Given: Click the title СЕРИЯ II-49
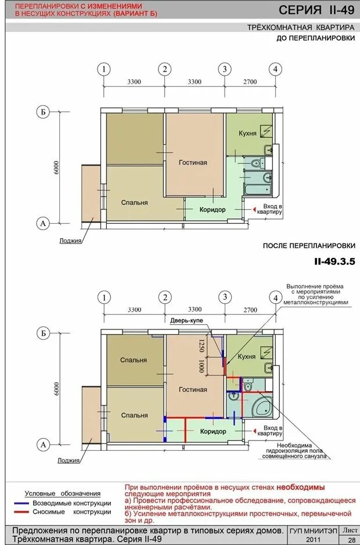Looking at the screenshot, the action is [x=316, y=9].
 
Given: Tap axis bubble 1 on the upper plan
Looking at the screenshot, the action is [x=103, y=69].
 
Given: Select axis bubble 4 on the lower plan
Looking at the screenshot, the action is [x=276, y=298].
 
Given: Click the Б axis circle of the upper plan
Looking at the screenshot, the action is [x=43, y=112].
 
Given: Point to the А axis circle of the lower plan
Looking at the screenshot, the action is [x=43, y=445].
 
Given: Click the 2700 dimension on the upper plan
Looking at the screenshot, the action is [x=250, y=82].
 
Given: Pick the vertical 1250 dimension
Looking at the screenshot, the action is [x=201, y=346].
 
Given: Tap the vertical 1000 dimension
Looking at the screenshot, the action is [x=201, y=366].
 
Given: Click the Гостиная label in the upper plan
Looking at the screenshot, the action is [x=193, y=162].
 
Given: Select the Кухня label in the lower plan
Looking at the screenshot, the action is [x=247, y=357].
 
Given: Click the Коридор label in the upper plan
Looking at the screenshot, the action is [x=213, y=210].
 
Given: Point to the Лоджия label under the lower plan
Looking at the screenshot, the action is [x=69, y=461].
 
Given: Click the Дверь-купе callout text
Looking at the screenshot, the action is [x=186, y=321].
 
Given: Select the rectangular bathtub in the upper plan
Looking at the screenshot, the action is [x=257, y=189].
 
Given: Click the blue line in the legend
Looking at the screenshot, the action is [x=21, y=503].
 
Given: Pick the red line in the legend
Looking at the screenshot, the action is [x=21, y=512].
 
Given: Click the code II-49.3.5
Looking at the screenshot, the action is [x=334, y=261].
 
